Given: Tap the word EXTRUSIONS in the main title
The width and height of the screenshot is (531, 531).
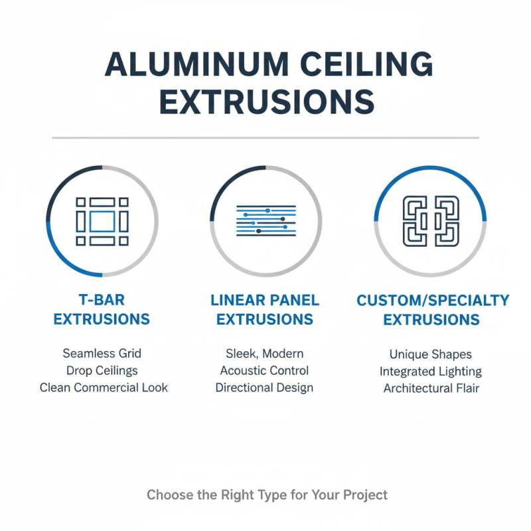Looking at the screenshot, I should pyautogui.click(x=265, y=104).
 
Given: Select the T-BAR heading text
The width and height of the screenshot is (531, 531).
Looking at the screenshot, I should pyautogui.click(x=102, y=300).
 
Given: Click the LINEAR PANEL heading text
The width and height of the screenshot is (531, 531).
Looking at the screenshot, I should pyautogui.click(x=265, y=300).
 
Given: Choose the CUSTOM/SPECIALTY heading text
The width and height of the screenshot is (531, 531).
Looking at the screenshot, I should pyautogui.click(x=433, y=300).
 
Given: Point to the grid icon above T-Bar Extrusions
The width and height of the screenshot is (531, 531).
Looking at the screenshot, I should pyautogui.click(x=102, y=221).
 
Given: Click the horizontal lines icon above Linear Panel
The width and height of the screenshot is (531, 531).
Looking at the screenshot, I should pyautogui.click(x=265, y=220).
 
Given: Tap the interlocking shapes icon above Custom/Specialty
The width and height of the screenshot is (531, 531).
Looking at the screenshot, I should pyautogui.click(x=431, y=220).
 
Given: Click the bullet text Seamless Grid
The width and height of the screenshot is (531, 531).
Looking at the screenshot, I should pyautogui.click(x=102, y=353).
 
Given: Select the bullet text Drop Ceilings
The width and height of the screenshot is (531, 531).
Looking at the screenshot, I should pyautogui.click(x=102, y=370).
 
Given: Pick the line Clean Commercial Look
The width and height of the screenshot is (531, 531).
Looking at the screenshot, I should pyautogui.click(x=104, y=388).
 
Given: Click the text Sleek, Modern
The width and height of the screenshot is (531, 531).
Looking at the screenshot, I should pyautogui.click(x=265, y=353).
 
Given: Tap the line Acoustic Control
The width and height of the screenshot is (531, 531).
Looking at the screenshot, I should pyautogui.click(x=265, y=370).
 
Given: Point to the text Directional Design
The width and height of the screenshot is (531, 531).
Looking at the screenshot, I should pyautogui.click(x=265, y=388).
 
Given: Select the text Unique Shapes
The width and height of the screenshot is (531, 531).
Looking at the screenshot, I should pyautogui.click(x=431, y=354).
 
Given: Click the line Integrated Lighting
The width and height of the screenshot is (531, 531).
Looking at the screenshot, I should pyautogui.click(x=431, y=372).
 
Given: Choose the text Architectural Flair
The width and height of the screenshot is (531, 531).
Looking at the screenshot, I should pyautogui.click(x=431, y=388).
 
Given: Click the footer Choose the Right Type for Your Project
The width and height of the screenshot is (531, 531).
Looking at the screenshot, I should pyautogui.click(x=267, y=494).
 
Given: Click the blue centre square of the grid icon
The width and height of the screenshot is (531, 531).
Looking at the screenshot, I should pyautogui.click(x=102, y=221).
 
